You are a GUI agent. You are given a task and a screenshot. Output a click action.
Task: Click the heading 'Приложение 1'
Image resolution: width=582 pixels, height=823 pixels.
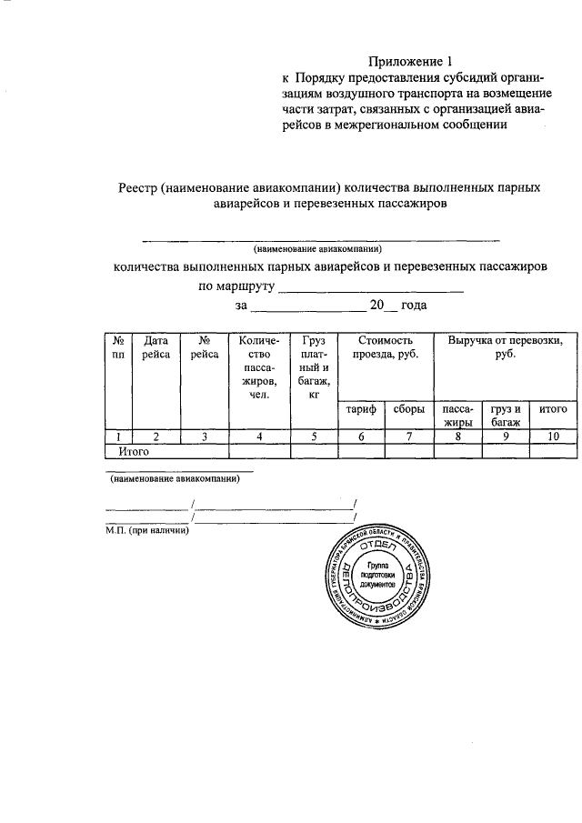coord(409,62)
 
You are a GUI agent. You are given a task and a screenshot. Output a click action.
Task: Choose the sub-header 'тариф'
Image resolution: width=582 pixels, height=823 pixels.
coord(360,410)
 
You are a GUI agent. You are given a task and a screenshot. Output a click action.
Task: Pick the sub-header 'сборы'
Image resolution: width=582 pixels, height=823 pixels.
coord(408,410)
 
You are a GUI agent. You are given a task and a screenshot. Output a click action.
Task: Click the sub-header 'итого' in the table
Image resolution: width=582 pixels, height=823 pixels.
coord(553,410)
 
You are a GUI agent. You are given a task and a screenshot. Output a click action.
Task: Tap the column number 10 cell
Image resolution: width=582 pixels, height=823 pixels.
coord(553,437)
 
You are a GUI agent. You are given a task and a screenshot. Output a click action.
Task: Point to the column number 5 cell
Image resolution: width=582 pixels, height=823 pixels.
coord(313,437)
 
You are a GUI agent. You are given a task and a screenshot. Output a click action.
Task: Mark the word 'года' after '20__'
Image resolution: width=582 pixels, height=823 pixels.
coord(414,306)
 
